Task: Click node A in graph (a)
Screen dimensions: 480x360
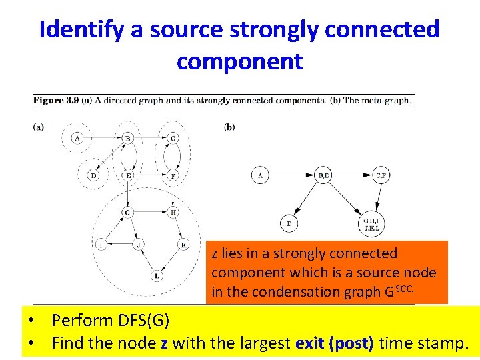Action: (x=78, y=138)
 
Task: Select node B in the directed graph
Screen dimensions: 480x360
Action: (x=127, y=138)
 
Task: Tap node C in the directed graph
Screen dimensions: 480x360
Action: (x=173, y=138)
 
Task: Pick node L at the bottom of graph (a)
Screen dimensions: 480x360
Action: (x=157, y=275)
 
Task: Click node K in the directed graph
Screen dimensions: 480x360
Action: (x=183, y=245)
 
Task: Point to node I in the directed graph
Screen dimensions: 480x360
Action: (x=102, y=245)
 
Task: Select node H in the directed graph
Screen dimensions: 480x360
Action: (x=173, y=212)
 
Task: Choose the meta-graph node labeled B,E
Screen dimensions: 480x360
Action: (x=323, y=176)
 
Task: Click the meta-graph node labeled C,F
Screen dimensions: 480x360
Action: (x=380, y=176)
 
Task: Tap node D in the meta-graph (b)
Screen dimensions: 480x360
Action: (x=289, y=224)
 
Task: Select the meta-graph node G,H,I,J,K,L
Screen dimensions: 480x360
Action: (x=371, y=224)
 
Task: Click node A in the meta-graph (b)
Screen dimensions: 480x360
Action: (x=260, y=176)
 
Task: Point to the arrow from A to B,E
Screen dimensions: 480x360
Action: (x=291, y=176)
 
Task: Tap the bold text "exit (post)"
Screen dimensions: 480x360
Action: (x=336, y=343)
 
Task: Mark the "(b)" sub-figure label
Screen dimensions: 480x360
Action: (x=229, y=126)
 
